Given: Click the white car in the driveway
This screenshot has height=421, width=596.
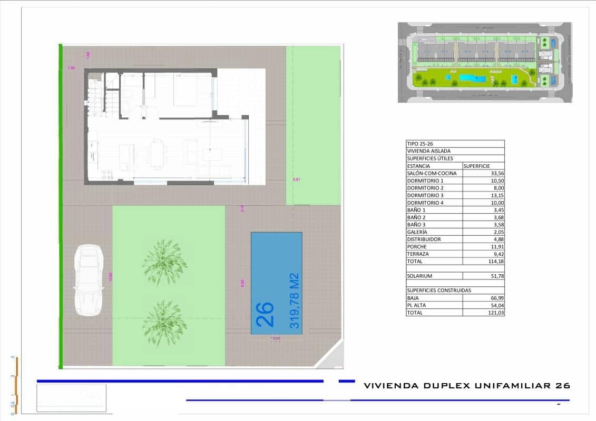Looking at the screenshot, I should click(89, 280).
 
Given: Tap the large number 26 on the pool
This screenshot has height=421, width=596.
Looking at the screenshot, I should click(265, 314).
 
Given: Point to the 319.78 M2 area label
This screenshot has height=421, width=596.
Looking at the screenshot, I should click(294, 300).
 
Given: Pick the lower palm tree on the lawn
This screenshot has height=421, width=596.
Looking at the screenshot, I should click(164, 322).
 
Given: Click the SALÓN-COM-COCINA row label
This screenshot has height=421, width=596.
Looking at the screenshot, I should click(432, 173).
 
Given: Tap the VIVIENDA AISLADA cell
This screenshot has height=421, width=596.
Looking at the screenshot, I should click(428, 151).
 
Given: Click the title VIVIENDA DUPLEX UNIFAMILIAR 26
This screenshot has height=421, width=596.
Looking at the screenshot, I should click(467, 386).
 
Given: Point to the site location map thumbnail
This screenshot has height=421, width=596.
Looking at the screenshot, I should click(484, 62).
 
